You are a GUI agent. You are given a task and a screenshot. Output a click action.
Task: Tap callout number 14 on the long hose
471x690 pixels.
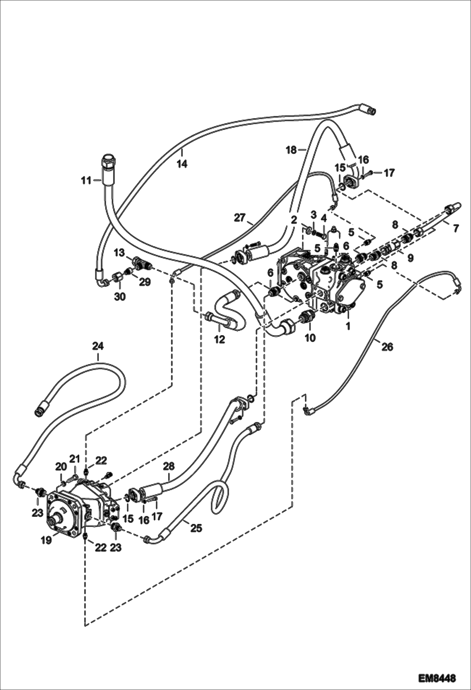[182, 164]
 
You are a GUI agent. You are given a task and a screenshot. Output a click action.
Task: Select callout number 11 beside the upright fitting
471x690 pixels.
[86, 181]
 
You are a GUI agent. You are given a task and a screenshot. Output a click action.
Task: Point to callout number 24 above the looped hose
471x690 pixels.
[98, 346]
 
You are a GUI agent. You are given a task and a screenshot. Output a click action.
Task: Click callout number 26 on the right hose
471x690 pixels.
[387, 347]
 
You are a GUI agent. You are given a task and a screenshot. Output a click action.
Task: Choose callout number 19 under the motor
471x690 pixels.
[47, 540]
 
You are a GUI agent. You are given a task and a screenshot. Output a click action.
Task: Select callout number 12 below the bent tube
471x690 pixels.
[220, 339]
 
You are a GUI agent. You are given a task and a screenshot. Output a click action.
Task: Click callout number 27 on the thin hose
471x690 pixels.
[240, 218]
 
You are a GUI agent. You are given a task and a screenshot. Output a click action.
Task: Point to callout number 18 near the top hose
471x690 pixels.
[291, 150]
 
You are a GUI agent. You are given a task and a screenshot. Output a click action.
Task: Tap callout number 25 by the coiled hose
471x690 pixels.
[196, 528]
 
